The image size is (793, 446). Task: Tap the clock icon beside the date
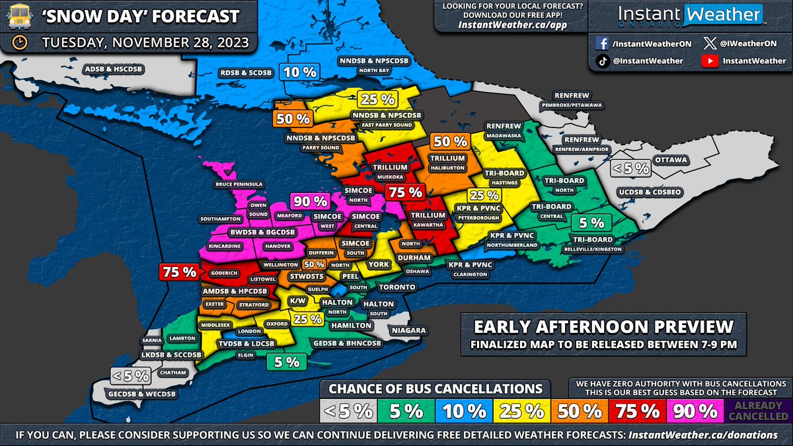point(20,43)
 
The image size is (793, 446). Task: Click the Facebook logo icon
point(603,43)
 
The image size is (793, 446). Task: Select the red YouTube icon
point(708,61)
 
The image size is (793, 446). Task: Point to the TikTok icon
point(603,61)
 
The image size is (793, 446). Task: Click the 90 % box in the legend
point(695,410)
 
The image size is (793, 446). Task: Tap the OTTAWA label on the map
point(671,160)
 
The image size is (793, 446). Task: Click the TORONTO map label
point(397,287)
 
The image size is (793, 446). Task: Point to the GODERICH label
point(223,272)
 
